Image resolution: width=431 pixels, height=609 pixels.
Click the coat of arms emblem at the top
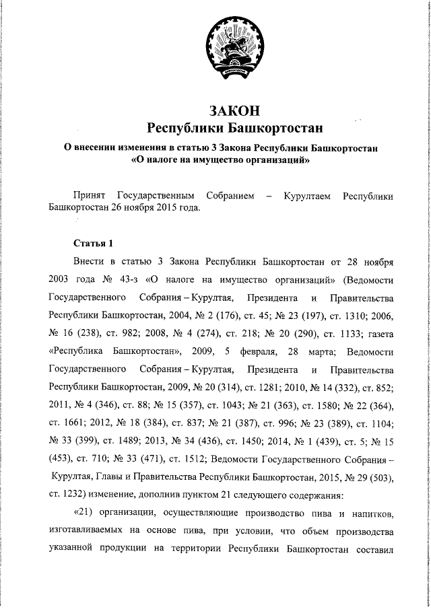(231, 46)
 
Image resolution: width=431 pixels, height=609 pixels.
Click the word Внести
(90, 260)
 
